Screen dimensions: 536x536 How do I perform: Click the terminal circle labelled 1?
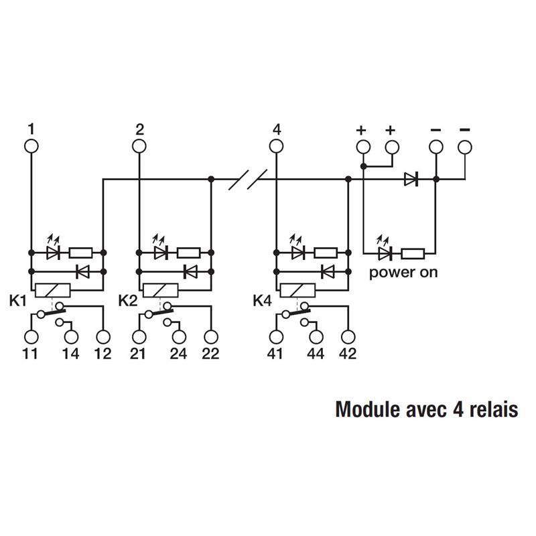tap(31, 145)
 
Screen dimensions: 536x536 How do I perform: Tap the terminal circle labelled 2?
tap(139, 145)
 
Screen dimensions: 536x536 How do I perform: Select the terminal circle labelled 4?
tap(277, 145)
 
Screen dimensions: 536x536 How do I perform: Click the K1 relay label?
tap(18, 301)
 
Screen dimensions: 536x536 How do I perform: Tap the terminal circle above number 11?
tap(31, 337)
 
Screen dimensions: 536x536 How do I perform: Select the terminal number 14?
tap(70, 354)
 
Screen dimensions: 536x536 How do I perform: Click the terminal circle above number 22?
tap(211, 337)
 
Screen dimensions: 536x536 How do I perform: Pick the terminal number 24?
tap(178, 354)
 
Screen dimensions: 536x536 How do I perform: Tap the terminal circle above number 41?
tap(275, 337)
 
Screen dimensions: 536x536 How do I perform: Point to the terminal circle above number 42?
tap(348, 337)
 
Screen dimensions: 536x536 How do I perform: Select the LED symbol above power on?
tap(384, 253)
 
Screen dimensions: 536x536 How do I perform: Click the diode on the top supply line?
tap(411, 179)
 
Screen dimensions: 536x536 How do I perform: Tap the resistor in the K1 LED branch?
tap(81, 253)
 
